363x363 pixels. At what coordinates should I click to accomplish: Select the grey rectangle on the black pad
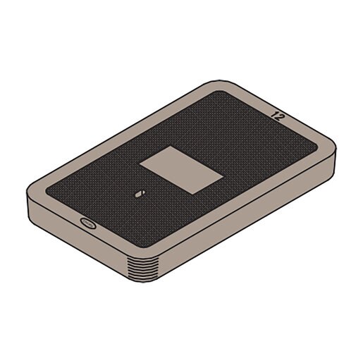180,168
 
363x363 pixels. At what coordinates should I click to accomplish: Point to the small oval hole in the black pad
138,192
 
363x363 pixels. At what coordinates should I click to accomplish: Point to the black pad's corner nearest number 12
314,144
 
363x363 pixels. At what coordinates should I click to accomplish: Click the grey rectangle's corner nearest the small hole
140,165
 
